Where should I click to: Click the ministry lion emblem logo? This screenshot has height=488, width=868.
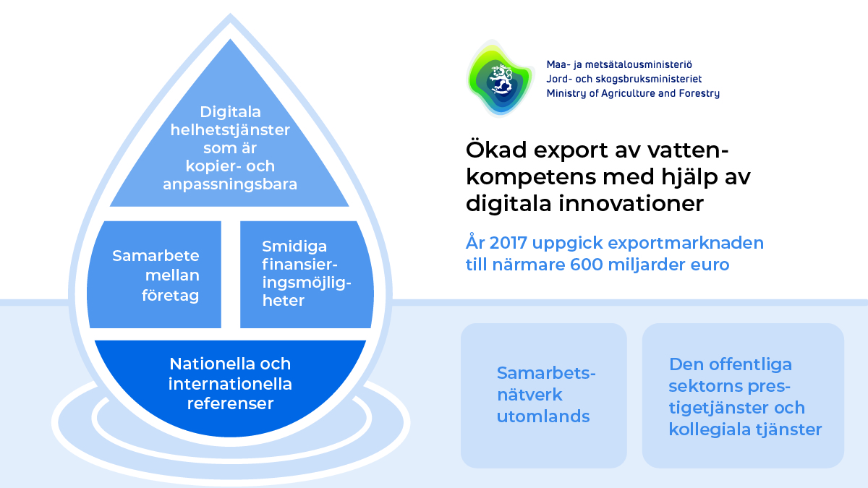pyautogui.click(x=500, y=79)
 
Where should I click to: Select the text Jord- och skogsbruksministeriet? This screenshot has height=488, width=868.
pyautogui.click(x=624, y=79)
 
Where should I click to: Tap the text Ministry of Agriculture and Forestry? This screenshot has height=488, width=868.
pyautogui.click(x=633, y=93)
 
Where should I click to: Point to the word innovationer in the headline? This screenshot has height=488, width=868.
pyautogui.click(x=631, y=203)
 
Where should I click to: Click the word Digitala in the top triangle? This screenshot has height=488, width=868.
pyautogui.click(x=230, y=112)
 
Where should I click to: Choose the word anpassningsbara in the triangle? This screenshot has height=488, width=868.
pyautogui.click(x=230, y=184)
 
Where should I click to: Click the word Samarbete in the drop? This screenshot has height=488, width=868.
pyautogui.click(x=156, y=256)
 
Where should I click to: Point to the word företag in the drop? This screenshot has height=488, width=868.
pyautogui.click(x=170, y=296)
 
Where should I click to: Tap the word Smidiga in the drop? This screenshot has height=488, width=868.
pyautogui.click(x=294, y=247)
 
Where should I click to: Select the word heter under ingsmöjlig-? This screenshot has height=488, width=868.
pyautogui.click(x=284, y=301)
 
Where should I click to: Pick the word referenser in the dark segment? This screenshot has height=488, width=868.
pyautogui.click(x=230, y=403)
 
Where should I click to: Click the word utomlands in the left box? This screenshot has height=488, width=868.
pyautogui.click(x=543, y=416)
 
